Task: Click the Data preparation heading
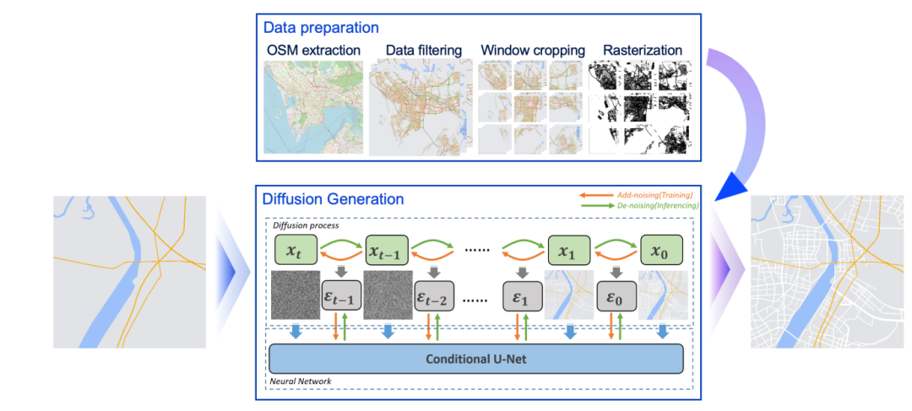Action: point(320,28)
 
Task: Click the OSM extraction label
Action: point(313,51)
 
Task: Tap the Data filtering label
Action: point(423,51)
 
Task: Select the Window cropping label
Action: point(532,51)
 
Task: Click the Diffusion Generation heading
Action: point(333,199)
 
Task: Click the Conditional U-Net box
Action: point(475,358)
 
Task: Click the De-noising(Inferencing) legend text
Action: point(648,205)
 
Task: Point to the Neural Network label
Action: point(301,381)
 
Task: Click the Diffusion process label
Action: point(305,225)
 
